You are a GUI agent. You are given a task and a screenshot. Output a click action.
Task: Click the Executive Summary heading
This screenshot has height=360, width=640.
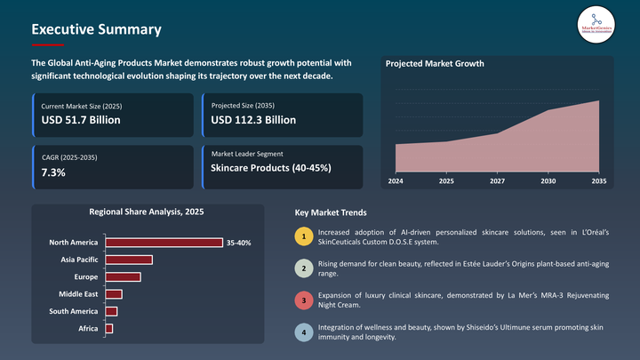(x=96, y=29)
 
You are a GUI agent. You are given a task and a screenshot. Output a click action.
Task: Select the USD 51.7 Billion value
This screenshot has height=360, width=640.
(x=82, y=120)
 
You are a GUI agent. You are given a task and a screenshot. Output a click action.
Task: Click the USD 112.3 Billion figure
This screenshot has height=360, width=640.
(x=254, y=120)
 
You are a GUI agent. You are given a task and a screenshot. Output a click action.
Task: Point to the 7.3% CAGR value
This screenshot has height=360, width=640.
(x=54, y=172)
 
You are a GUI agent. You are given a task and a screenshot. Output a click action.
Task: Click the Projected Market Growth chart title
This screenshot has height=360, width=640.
(x=435, y=64)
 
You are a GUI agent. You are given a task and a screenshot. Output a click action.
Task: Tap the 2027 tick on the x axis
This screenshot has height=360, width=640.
(x=497, y=181)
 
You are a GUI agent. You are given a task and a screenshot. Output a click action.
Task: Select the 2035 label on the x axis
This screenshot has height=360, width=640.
(x=598, y=181)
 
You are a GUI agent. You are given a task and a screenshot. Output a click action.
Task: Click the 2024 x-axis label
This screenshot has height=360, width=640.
(x=396, y=181)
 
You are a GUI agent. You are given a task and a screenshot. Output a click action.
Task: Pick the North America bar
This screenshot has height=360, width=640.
(x=164, y=242)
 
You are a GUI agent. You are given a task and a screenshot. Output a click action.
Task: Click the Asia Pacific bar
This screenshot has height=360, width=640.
(x=129, y=260)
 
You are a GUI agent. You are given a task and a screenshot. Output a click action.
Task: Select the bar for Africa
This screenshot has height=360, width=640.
(x=109, y=329)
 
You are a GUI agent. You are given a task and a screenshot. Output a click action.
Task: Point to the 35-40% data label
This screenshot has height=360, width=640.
(x=239, y=242)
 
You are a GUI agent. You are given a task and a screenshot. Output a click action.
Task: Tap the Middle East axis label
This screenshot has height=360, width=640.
(x=78, y=294)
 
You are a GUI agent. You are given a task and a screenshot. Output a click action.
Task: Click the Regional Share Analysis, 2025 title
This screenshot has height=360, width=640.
(x=148, y=212)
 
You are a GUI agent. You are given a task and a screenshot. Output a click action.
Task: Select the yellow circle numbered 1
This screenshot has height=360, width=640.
(x=304, y=237)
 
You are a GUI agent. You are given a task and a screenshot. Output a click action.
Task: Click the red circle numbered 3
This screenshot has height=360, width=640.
(x=304, y=301)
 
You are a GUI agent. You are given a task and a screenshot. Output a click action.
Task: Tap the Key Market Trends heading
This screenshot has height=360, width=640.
(x=330, y=213)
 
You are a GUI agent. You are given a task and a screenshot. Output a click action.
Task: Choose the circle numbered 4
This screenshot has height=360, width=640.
(x=304, y=332)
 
